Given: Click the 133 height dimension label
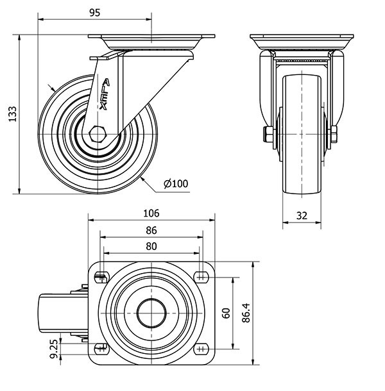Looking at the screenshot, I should pyautogui.click(x=11, y=113).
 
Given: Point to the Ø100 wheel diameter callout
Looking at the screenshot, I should pyautogui.click(x=176, y=184).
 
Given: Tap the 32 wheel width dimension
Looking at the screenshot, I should pyautogui.click(x=301, y=216).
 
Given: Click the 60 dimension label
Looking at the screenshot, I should pyautogui.click(x=226, y=313).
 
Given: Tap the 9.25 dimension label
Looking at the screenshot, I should pyautogui.click(x=54, y=350).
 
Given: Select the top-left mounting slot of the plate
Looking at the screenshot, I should pyautogui.click(x=100, y=277).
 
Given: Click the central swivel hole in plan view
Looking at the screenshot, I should pyautogui.click(x=151, y=313).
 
